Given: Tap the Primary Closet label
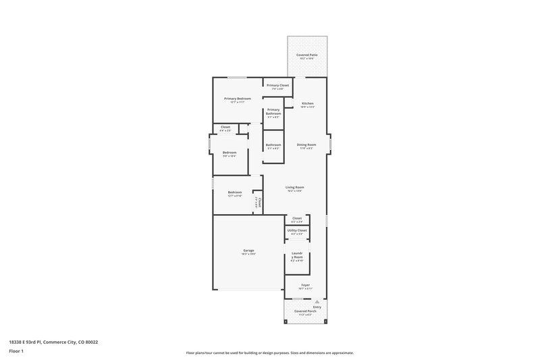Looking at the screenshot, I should coord(277,85).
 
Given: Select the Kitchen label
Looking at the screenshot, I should coord(307,103).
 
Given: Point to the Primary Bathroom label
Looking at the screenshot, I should coord(273,111).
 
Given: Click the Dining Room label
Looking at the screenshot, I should coord(307,145).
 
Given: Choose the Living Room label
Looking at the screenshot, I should coord(295,187).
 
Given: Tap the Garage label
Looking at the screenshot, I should coord(249,251).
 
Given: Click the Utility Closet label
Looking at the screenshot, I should coord(297,230).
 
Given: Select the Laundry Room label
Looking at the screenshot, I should coord(297,256).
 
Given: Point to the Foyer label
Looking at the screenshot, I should coord(306,285).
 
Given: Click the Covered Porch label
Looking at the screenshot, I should coord(305,311).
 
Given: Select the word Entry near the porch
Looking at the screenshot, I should coord(317,307).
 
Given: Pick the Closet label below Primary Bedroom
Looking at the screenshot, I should coord(225,127).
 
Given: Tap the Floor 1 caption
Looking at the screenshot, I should coord(16,352).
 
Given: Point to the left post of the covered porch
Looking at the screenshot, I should coord(285,322).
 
